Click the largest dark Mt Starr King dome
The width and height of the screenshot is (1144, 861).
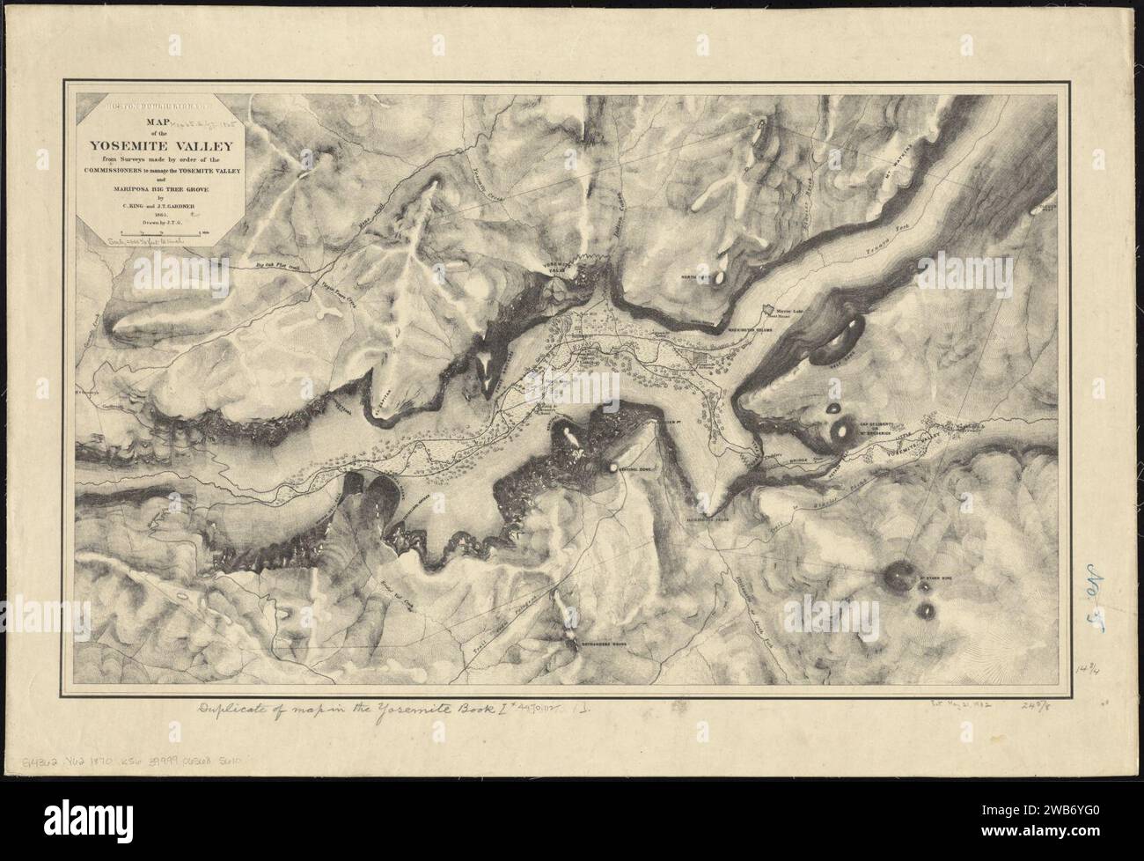[x=899, y=574]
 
